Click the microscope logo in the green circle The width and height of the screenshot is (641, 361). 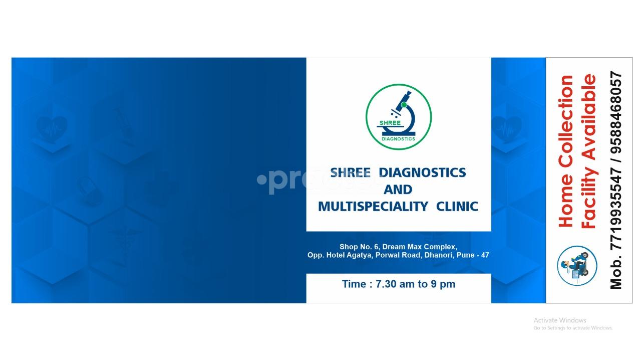399,116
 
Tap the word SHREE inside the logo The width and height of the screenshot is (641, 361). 390,123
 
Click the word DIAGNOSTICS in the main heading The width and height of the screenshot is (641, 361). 422,172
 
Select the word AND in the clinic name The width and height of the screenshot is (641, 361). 398,190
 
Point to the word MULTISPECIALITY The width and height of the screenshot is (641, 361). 373,206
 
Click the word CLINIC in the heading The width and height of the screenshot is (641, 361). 457,206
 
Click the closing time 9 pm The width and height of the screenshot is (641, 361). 443,284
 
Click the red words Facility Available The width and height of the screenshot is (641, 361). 589,151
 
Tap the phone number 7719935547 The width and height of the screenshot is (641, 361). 616,210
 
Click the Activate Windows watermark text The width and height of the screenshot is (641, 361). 559,320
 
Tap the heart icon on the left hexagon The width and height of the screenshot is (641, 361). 52,128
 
